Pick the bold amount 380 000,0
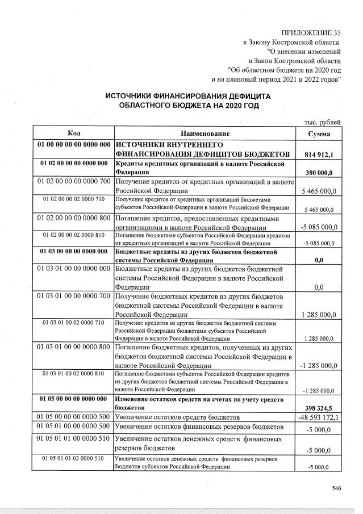(319, 173)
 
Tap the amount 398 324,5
(319, 408)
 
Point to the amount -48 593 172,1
(319, 417)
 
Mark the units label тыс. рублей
(323, 122)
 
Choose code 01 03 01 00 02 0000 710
(73, 323)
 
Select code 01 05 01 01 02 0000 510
(73, 458)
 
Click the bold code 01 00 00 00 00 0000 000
(73, 144)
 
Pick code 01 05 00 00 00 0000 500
(73, 417)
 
